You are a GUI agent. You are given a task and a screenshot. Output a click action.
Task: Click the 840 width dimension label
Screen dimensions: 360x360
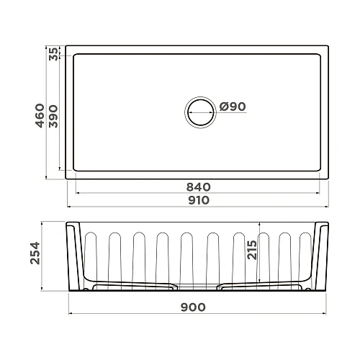pyautogui.click(x=199, y=186)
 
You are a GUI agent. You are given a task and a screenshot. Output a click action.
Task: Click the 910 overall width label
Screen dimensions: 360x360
pyautogui.click(x=199, y=200)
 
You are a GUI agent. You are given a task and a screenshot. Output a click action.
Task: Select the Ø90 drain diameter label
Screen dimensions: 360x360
pyautogui.click(x=233, y=107)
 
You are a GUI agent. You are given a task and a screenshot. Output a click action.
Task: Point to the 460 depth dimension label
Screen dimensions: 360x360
pyautogui.click(x=40, y=114)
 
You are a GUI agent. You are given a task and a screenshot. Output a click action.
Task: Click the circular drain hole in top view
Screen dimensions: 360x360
pyautogui.click(x=199, y=112)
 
